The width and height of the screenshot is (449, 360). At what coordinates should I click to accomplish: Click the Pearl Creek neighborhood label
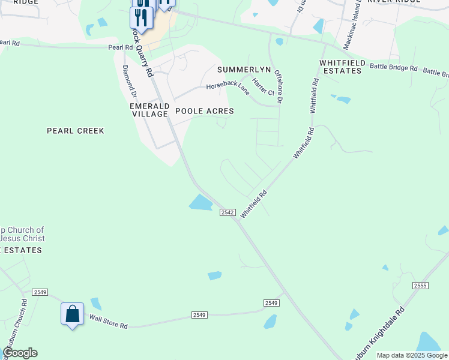tap(75, 131)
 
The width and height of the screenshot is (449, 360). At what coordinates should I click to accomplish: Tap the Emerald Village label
tap(149, 110)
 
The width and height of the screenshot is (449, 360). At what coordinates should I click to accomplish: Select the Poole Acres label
tap(204, 112)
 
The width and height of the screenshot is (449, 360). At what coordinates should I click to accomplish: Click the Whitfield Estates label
tap(340, 67)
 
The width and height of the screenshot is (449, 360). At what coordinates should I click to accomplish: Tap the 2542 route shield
tap(226, 212)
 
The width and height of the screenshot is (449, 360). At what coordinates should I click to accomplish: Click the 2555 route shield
tap(420, 286)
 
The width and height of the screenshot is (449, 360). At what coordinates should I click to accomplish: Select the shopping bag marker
tap(72, 314)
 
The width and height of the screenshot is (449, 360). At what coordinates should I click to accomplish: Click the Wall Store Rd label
tap(109, 322)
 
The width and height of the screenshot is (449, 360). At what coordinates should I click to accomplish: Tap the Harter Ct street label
tap(263, 88)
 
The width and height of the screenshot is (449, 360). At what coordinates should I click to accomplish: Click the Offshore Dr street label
tap(278, 86)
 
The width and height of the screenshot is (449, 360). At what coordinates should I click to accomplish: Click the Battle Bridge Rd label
tap(393, 68)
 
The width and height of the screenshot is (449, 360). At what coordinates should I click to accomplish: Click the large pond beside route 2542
tap(201, 203)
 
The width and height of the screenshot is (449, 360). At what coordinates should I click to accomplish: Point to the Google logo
tap(20, 353)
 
